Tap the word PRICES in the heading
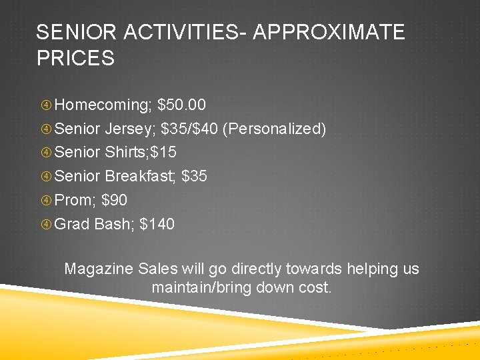(x=75, y=58)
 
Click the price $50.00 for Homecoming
(x=182, y=105)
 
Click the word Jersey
(x=131, y=129)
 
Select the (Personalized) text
(x=275, y=129)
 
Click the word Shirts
(x=127, y=153)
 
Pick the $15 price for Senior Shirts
(x=164, y=153)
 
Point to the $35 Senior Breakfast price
(x=194, y=177)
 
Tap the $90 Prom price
(x=114, y=201)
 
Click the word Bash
(x=114, y=225)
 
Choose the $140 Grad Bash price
(x=157, y=225)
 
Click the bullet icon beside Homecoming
(x=46, y=105)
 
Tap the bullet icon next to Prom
(x=46, y=201)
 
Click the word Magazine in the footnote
(x=99, y=269)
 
